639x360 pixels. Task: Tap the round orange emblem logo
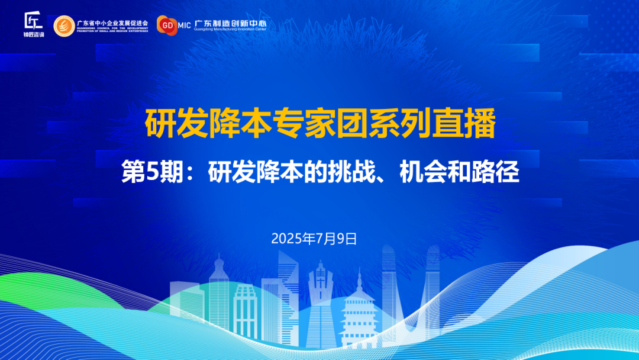(64, 25)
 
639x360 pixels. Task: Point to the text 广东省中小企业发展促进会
(112, 22)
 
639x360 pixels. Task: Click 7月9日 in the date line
(337, 239)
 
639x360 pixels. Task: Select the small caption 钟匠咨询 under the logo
(34, 35)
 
